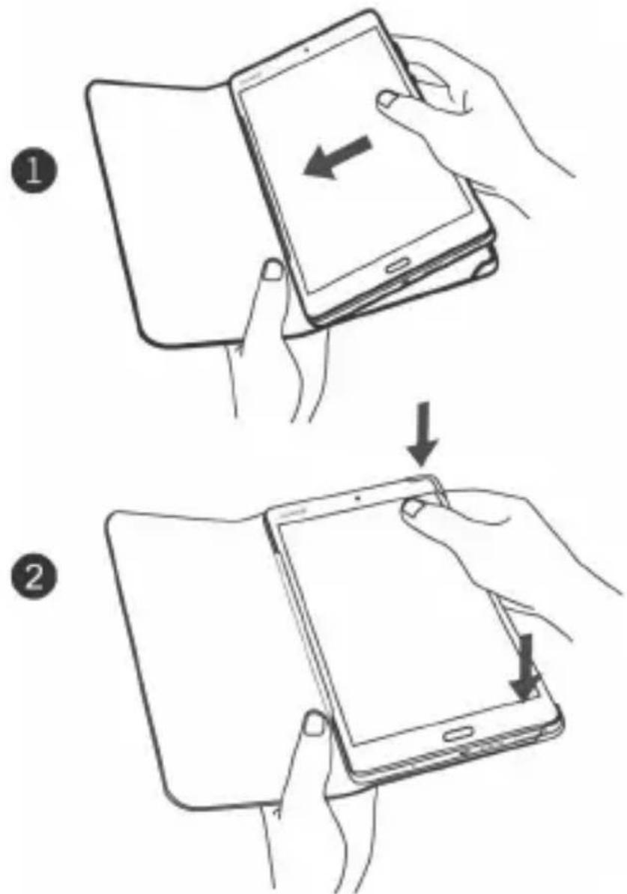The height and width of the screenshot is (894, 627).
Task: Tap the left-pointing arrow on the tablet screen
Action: [335, 157]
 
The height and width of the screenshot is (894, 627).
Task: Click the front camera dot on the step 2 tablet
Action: [357, 497]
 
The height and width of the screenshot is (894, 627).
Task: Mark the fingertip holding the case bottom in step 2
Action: [315, 724]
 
